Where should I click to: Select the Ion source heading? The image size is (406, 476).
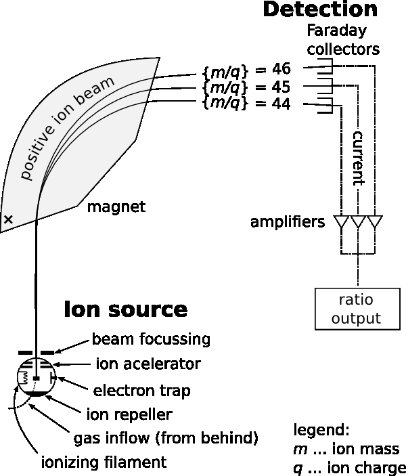(125, 310)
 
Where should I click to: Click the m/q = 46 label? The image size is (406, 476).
(246, 69)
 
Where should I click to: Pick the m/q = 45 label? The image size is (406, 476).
(246, 87)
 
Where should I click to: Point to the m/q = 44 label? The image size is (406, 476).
(246, 104)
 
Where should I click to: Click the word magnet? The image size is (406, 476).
(116, 207)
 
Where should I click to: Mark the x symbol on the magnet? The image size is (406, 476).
(9, 219)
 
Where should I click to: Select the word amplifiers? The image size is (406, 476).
(288, 222)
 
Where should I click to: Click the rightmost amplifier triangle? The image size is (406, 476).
(374, 222)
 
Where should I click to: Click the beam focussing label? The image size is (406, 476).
(151, 338)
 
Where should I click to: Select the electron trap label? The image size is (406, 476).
(141, 391)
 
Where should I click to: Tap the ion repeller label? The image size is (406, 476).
(129, 414)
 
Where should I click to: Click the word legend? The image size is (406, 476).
(321, 430)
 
